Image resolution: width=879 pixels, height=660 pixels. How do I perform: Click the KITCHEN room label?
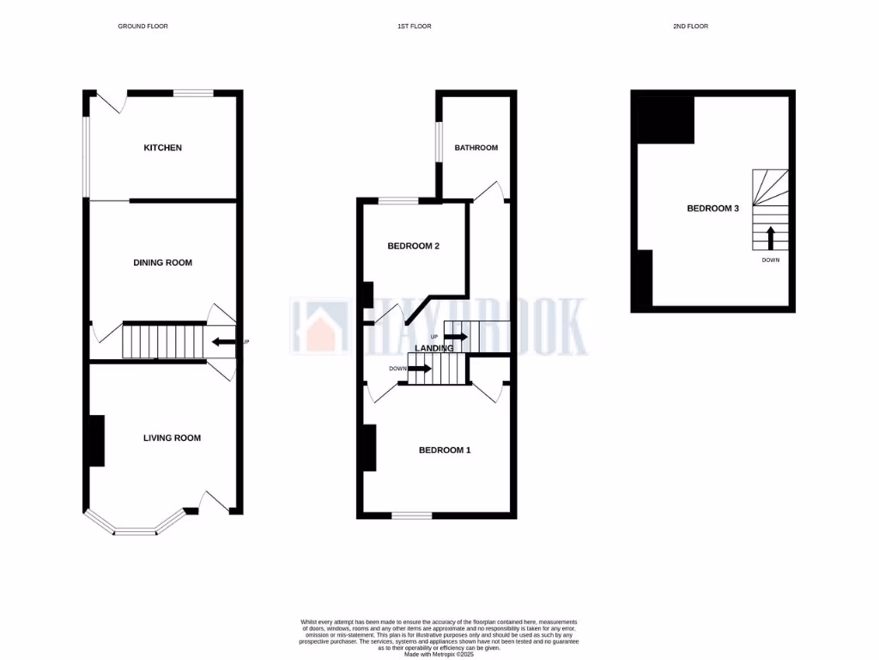[162, 148]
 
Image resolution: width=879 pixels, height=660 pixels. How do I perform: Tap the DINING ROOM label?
[162, 262]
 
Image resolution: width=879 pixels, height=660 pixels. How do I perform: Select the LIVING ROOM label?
[172, 437]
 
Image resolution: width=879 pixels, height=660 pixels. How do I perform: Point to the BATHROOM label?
[476, 148]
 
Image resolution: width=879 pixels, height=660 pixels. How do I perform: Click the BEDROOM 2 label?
[413, 246]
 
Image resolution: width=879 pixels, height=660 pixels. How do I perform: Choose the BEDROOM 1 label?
[444, 449]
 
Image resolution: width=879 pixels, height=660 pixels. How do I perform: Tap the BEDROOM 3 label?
[712, 208]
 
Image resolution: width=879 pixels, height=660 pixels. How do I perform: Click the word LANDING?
[433, 348]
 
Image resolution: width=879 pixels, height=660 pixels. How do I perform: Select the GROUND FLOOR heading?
[142, 27]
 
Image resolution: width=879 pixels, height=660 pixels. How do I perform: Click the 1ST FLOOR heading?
[414, 27]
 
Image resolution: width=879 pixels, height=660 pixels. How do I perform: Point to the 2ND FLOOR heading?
[690, 27]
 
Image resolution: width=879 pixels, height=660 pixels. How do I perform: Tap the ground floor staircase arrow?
[223, 342]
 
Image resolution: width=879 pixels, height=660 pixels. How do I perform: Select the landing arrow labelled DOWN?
[421, 368]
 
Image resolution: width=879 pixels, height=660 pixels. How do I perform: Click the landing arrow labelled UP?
[456, 336]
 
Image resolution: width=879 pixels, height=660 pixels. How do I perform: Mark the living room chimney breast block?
[96, 441]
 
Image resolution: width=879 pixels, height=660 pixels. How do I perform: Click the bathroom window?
[437, 141]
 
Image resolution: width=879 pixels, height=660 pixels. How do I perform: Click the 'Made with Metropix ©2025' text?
[439, 654]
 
